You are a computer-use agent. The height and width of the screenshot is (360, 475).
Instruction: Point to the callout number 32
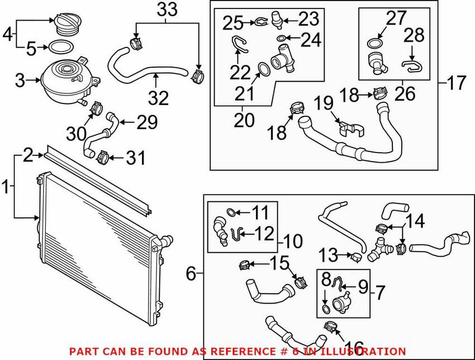coord(158,98)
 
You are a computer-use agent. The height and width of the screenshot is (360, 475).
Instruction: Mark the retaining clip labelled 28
coord(413,67)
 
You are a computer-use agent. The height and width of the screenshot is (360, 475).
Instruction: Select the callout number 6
coord(191,274)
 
